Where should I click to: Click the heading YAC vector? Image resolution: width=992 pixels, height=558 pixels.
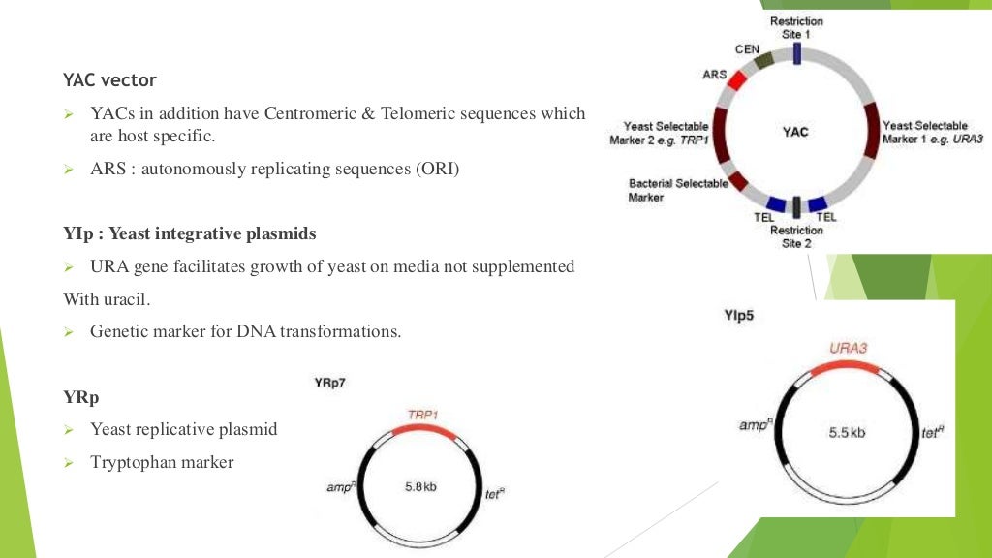coord(109,79)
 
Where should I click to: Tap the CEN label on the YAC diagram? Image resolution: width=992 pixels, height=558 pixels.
coord(747,49)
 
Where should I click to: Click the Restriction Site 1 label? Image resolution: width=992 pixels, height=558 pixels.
coord(796,27)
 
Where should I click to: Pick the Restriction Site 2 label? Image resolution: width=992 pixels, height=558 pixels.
coord(796,237)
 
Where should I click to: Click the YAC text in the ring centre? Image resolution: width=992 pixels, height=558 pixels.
coord(795,132)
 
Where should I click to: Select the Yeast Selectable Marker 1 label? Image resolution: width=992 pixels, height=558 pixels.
coord(932,132)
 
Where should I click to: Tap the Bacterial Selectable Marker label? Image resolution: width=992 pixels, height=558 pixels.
coord(677,190)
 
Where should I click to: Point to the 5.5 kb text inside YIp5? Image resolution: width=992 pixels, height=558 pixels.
coord(847,432)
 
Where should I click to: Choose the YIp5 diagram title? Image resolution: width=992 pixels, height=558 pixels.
coord(740,315)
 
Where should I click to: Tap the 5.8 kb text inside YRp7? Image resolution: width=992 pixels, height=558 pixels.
coord(420,486)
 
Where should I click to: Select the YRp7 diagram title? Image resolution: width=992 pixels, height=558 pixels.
coord(330,383)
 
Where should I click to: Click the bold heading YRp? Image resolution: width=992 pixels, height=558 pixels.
coord(81,397)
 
